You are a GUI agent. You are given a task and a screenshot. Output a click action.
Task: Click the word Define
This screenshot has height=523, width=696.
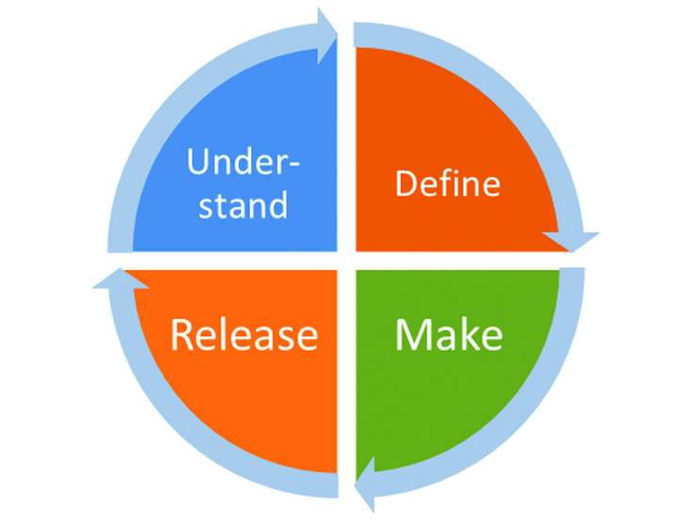coord(448,182)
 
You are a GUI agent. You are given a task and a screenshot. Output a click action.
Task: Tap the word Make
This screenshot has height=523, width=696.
coord(449,334)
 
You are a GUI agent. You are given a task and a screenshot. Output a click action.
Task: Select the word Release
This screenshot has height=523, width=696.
coord(245,334)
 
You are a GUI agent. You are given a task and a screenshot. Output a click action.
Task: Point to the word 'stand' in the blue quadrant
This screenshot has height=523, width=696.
coord(244,204)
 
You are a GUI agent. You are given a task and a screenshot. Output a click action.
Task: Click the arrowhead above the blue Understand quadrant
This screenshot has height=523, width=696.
coord(327,36)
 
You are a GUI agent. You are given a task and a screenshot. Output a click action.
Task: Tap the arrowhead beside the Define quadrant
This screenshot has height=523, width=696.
coord(571,242)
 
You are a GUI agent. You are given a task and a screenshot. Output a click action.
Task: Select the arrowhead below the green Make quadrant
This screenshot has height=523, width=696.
coord(364,484)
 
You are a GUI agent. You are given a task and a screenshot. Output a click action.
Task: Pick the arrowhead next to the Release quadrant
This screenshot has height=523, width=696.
coord(120,278)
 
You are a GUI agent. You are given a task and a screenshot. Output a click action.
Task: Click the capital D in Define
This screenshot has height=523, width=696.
coord(406,183)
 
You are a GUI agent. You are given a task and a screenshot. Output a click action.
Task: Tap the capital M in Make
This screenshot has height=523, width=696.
coord(412,334)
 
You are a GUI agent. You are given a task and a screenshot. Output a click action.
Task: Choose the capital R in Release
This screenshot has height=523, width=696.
coord(182,334)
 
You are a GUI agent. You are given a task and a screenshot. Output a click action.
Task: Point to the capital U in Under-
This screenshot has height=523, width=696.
coord(198,161)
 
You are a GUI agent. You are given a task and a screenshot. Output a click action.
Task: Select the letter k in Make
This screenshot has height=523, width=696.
coord(468,334)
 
